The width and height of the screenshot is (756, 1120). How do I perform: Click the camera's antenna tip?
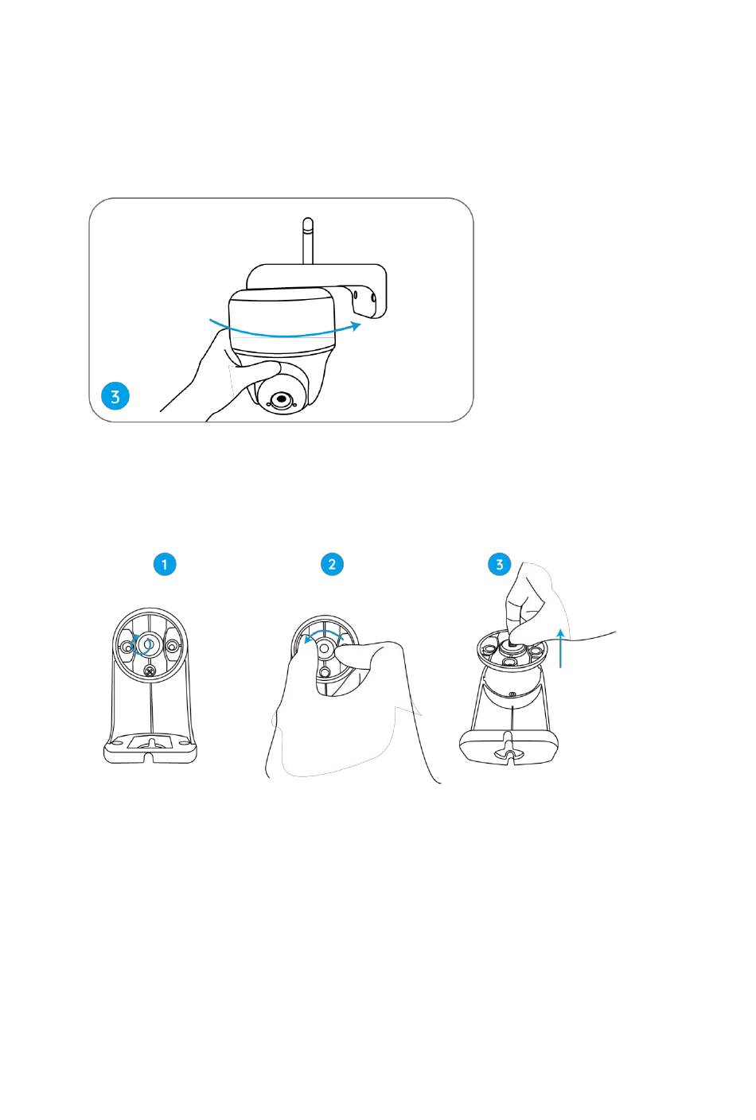pyautogui.click(x=309, y=220)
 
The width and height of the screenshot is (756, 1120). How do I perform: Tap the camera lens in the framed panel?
pyautogui.click(x=281, y=399)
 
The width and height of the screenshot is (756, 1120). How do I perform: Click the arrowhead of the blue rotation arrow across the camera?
pyautogui.click(x=356, y=325)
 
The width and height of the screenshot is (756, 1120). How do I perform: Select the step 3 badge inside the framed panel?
pyautogui.click(x=115, y=396)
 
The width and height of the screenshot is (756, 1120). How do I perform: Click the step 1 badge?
pyautogui.click(x=165, y=565)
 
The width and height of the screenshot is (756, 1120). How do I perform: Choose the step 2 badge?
pyautogui.click(x=332, y=565)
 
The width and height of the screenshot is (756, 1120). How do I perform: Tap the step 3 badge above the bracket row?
pyautogui.click(x=499, y=565)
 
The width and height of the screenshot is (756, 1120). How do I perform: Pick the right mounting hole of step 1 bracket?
pyautogui.click(x=172, y=647)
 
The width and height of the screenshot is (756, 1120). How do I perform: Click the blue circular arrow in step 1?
pyautogui.click(x=142, y=645)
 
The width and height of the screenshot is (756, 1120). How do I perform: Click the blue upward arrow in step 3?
pyautogui.click(x=561, y=648)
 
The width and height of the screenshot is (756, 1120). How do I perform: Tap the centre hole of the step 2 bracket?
pyautogui.click(x=324, y=648)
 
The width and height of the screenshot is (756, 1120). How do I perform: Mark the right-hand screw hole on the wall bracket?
pyautogui.click(x=373, y=298)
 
